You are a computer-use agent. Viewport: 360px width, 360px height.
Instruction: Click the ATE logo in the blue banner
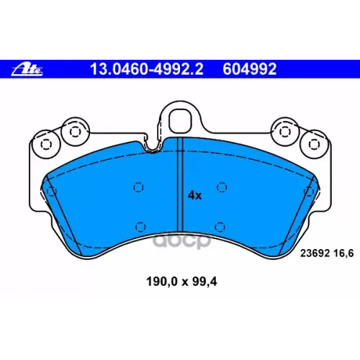[x=27, y=70]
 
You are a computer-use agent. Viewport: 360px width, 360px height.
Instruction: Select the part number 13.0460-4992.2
[x=147, y=69]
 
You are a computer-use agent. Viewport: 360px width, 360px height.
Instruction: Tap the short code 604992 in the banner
[x=250, y=69]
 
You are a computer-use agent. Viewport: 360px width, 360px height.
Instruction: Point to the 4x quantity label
[x=194, y=196]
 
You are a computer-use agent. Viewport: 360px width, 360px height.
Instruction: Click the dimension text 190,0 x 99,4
[x=181, y=282]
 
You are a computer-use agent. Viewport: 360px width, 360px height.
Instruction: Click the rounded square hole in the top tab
[x=181, y=121]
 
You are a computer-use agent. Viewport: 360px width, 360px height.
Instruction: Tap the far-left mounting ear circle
[x=46, y=144]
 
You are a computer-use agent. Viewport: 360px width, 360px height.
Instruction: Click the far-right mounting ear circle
[x=314, y=144]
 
